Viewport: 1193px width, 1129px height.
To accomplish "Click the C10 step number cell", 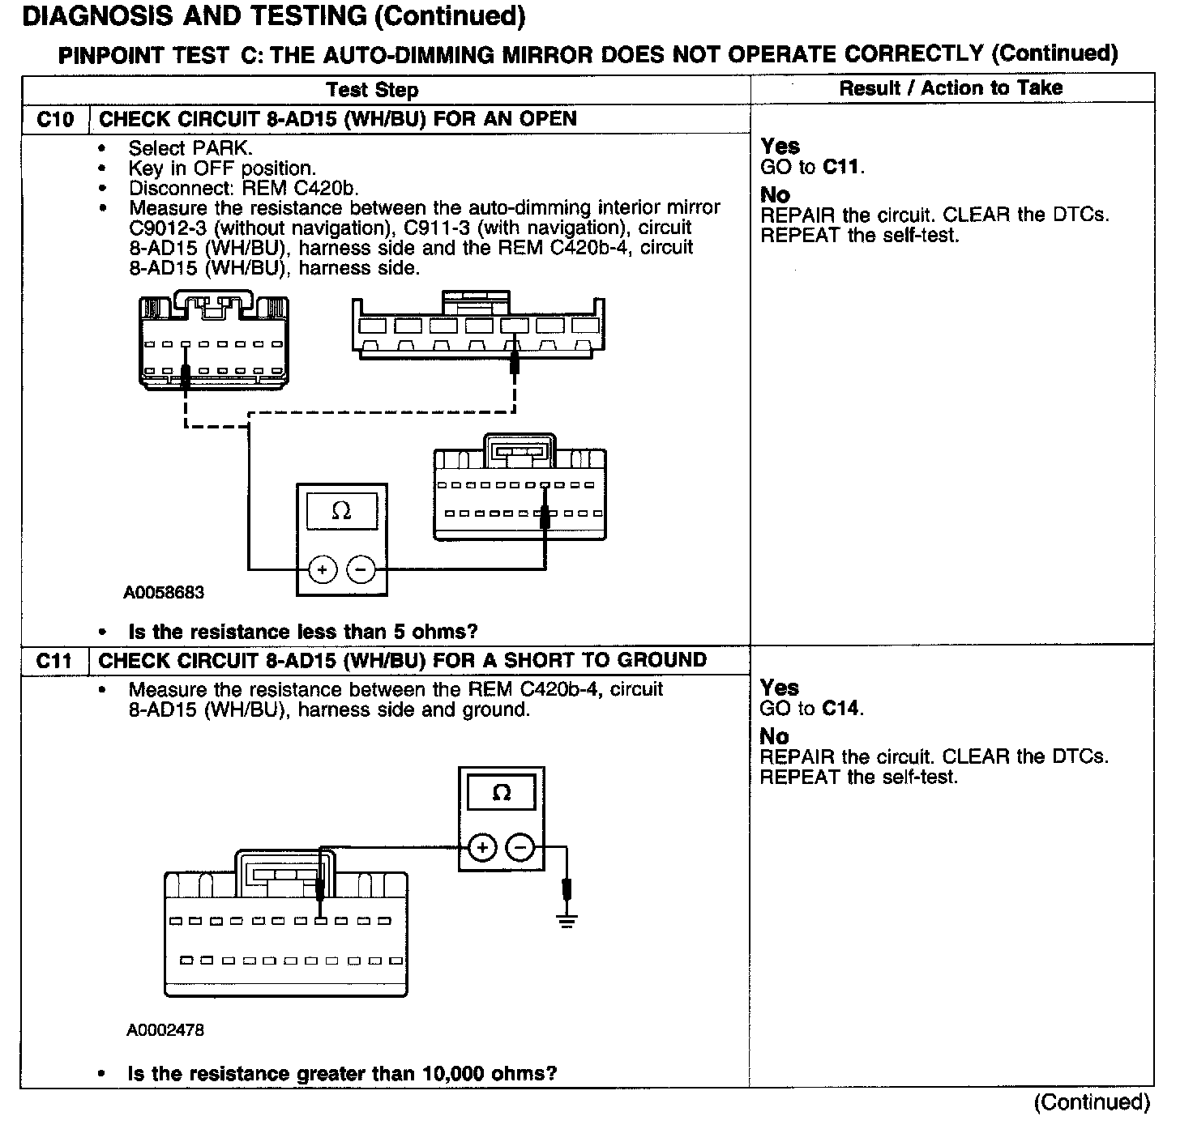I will click(55, 120).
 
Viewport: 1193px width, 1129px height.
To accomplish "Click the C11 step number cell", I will click(54, 661).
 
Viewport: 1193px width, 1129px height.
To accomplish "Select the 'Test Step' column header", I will click(372, 90).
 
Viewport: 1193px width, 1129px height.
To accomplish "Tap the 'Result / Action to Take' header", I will click(951, 88).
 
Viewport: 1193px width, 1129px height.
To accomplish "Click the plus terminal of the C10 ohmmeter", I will click(323, 570).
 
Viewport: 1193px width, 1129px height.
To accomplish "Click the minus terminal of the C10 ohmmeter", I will click(361, 570).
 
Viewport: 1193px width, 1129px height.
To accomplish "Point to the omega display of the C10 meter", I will click(341, 511).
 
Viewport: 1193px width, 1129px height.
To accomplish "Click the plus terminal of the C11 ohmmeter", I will click(482, 848).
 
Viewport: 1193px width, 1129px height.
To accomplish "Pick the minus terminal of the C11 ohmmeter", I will click(520, 848).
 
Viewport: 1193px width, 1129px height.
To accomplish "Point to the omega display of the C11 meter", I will click(502, 792).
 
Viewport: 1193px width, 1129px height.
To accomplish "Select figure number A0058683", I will click(164, 593).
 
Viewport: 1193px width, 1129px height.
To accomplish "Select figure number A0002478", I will click(165, 1030).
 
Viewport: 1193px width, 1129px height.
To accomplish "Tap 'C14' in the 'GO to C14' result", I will click(841, 709).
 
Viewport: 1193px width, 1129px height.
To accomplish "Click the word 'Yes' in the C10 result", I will click(780, 147).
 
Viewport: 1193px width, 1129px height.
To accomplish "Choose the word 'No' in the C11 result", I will click(774, 736).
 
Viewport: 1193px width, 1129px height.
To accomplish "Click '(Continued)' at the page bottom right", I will click(1092, 1102).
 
